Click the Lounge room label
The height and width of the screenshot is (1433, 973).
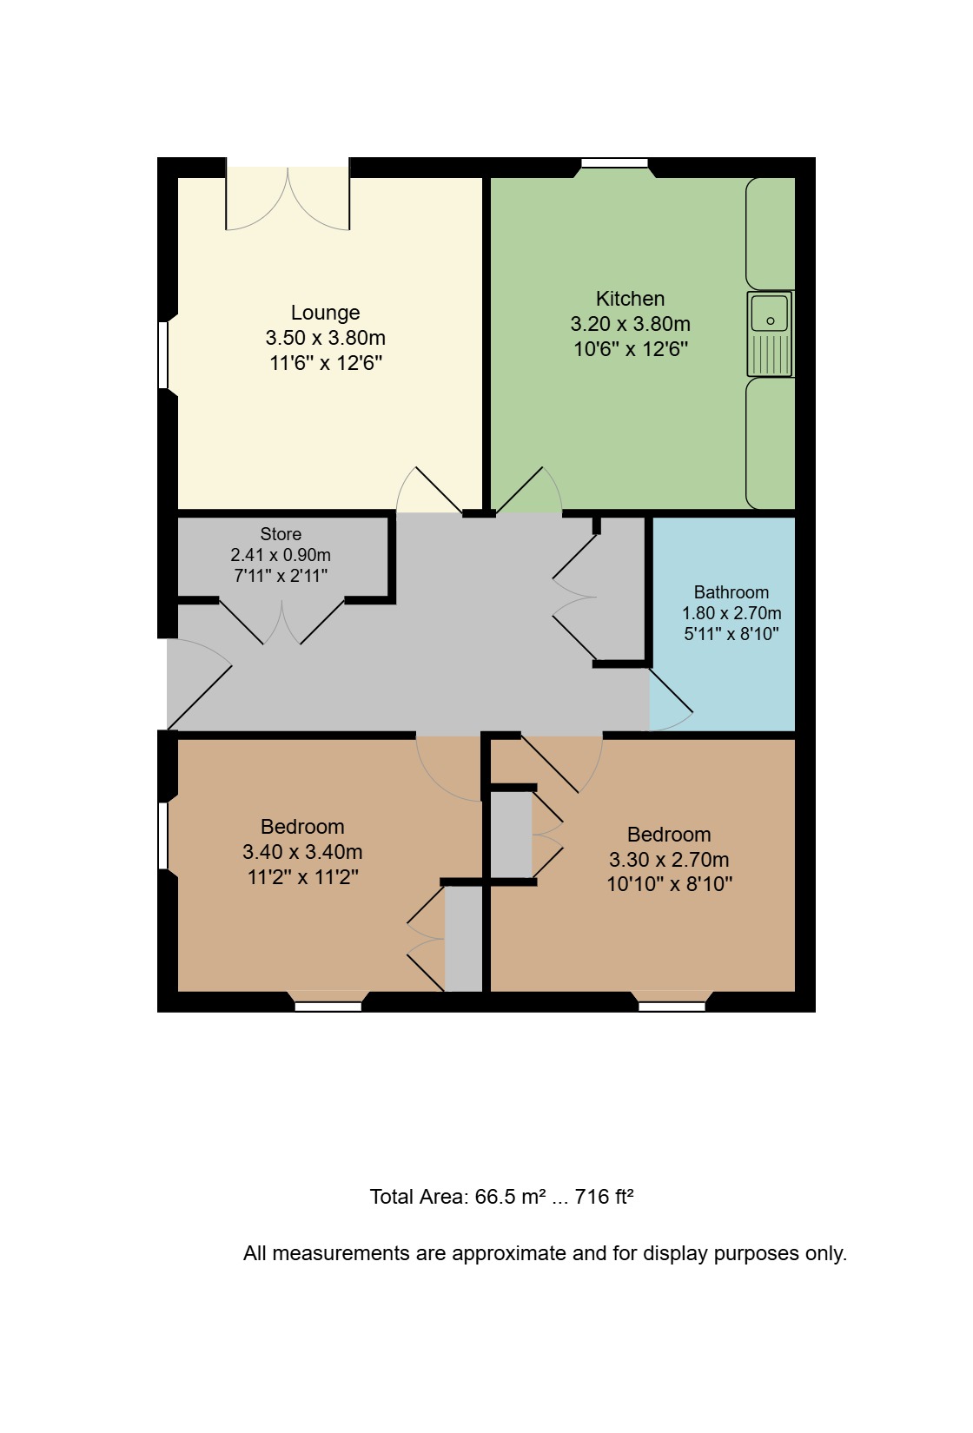(x=325, y=313)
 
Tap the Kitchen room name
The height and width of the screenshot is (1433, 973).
(x=630, y=299)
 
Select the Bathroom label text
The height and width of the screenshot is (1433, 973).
(x=731, y=592)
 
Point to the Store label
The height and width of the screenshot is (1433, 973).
(x=281, y=534)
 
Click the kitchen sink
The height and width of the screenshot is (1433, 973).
(x=770, y=333)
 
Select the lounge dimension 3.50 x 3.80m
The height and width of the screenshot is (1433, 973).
(x=325, y=338)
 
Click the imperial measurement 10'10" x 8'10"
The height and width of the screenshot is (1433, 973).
(x=669, y=884)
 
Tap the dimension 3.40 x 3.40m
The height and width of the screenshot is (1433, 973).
(x=302, y=852)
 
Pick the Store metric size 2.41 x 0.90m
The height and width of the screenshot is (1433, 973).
(x=281, y=555)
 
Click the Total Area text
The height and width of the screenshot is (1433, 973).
(x=501, y=1196)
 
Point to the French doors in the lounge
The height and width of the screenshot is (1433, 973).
(x=288, y=198)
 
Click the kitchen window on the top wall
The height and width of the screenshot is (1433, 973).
(x=614, y=163)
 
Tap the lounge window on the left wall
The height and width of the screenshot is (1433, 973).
(x=163, y=355)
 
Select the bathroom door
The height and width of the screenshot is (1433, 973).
(x=671, y=699)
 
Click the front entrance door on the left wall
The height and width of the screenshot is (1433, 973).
(x=199, y=683)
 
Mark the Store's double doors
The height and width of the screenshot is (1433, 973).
(x=281, y=622)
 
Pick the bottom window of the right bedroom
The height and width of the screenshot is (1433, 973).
(x=672, y=1007)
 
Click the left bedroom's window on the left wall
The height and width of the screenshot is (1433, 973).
(x=163, y=835)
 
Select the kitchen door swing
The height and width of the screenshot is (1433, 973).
(x=529, y=490)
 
